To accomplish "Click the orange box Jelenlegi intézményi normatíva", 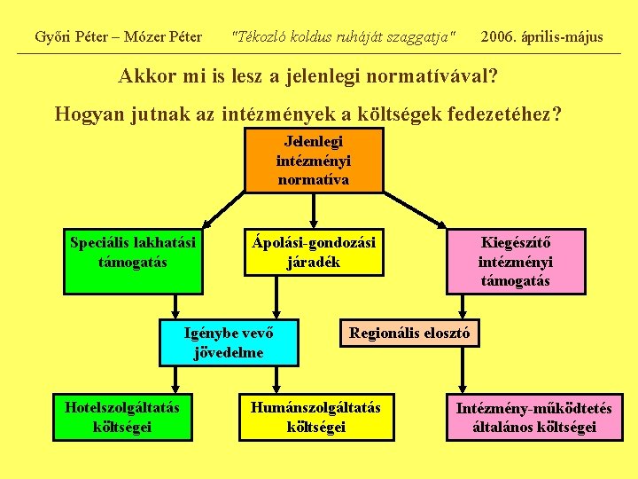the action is coord(314,161).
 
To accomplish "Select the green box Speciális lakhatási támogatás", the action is coord(133,262).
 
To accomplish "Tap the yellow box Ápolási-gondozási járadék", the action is coord(314,252).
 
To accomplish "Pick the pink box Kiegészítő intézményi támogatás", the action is coord(515,262).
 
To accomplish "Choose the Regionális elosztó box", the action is coord(409,334).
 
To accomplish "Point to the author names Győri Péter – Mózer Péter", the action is coord(118,36).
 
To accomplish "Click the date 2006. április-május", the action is coord(541,36).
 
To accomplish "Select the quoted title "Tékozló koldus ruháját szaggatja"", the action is coord(343,36).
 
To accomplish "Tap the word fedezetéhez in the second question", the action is coord(492,114).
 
